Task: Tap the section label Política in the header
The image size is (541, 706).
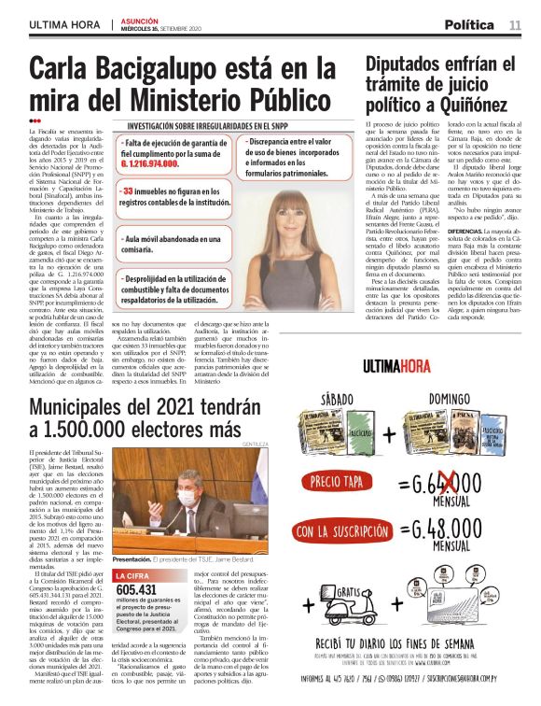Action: pos(469,25)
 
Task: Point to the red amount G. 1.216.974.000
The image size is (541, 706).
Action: pos(149,162)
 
